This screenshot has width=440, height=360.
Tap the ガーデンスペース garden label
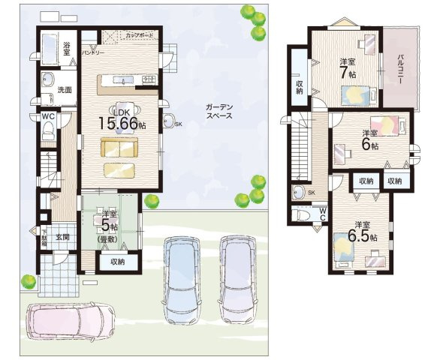[218, 112]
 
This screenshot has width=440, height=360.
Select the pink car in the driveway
[69, 320]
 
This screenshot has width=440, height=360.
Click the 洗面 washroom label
[64, 89]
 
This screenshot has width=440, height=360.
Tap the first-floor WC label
[47, 117]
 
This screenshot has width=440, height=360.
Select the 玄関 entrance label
[62, 237]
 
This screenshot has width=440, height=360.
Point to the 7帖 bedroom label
[347, 68]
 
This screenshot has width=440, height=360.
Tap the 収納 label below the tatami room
[118, 262]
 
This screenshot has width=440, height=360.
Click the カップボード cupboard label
[140, 35]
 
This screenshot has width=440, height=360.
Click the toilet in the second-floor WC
[303, 215]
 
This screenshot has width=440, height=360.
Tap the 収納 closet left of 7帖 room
[299, 86]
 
